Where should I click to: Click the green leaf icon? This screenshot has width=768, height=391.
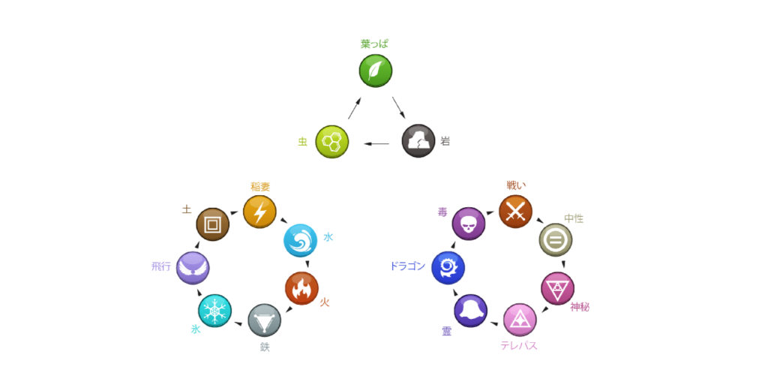[375, 71]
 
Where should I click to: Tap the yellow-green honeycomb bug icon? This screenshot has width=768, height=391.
[331, 141]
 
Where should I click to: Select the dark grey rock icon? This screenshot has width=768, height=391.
[418, 141]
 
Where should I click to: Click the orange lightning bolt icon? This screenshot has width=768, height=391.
[259, 212]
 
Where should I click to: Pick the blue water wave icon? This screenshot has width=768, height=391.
[300, 240]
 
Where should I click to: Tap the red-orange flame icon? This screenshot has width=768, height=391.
[301, 288]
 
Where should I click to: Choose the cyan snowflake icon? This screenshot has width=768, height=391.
[214, 311]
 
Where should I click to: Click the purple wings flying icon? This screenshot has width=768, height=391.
[193, 267]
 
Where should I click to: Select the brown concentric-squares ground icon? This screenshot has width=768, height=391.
[212, 224]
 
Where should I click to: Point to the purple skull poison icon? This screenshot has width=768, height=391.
[469, 224]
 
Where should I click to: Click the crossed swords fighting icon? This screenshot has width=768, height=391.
[515, 212]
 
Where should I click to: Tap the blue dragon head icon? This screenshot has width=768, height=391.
[448, 267]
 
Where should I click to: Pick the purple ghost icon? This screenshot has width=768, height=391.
[470, 311]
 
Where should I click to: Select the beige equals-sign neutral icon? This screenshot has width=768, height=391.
[556, 240]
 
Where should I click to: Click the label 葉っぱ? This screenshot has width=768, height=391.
[375, 44]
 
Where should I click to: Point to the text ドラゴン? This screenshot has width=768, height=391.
[407, 266]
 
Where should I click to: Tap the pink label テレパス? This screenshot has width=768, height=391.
[519, 345]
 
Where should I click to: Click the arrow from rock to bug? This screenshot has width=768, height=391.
[376, 143]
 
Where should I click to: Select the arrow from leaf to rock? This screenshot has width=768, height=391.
[398, 107]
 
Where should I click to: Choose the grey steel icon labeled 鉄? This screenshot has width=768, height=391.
[264, 320]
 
